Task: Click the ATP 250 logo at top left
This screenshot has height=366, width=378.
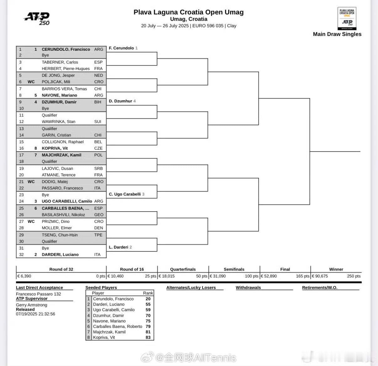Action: pyautogui.click(x=37, y=19)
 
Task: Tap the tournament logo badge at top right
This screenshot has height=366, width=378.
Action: pyautogui.click(x=347, y=18)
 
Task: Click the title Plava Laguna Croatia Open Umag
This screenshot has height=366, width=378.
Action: pyautogui.click(x=188, y=12)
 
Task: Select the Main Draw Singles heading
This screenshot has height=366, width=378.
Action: pyautogui.click(x=337, y=34)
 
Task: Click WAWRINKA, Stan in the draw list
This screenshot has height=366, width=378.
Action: pyautogui.click(x=59, y=122)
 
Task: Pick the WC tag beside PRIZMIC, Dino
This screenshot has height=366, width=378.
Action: pyautogui.click(x=31, y=221)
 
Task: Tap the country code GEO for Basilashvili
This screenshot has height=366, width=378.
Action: pyautogui.click(x=99, y=215)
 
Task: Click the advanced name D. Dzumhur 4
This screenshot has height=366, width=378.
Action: pyautogui.click(x=122, y=101)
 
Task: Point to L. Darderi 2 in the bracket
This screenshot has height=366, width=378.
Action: pyautogui.click(x=120, y=247)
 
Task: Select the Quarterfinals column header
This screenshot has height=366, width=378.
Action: pyautogui.click(x=183, y=269)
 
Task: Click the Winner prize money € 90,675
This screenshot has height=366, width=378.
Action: pyautogui.click(x=320, y=276)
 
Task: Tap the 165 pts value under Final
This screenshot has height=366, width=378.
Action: pyautogui.click(x=303, y=276)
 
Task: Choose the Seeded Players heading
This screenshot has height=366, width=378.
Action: pyautogui.click(x=101, y=287)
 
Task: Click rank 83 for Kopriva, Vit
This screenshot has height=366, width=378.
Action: pyautogui.click(x=148, y=337)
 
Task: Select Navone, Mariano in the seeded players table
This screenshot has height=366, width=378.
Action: pyautogui.click(x=109, y=321)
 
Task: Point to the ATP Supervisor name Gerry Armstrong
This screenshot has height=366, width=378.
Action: pyautogui.click(x=31, y=305)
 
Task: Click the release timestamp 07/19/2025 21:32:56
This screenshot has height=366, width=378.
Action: pyautogui.click(x=35, y=314)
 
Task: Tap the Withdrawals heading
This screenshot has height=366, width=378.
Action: pyautogui.click(x=248, y=287)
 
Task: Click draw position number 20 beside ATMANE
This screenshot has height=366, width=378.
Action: pyautogui.click(x=21, y=175)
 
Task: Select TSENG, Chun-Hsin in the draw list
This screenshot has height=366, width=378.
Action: pyautogui.click(x=60, y=235)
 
